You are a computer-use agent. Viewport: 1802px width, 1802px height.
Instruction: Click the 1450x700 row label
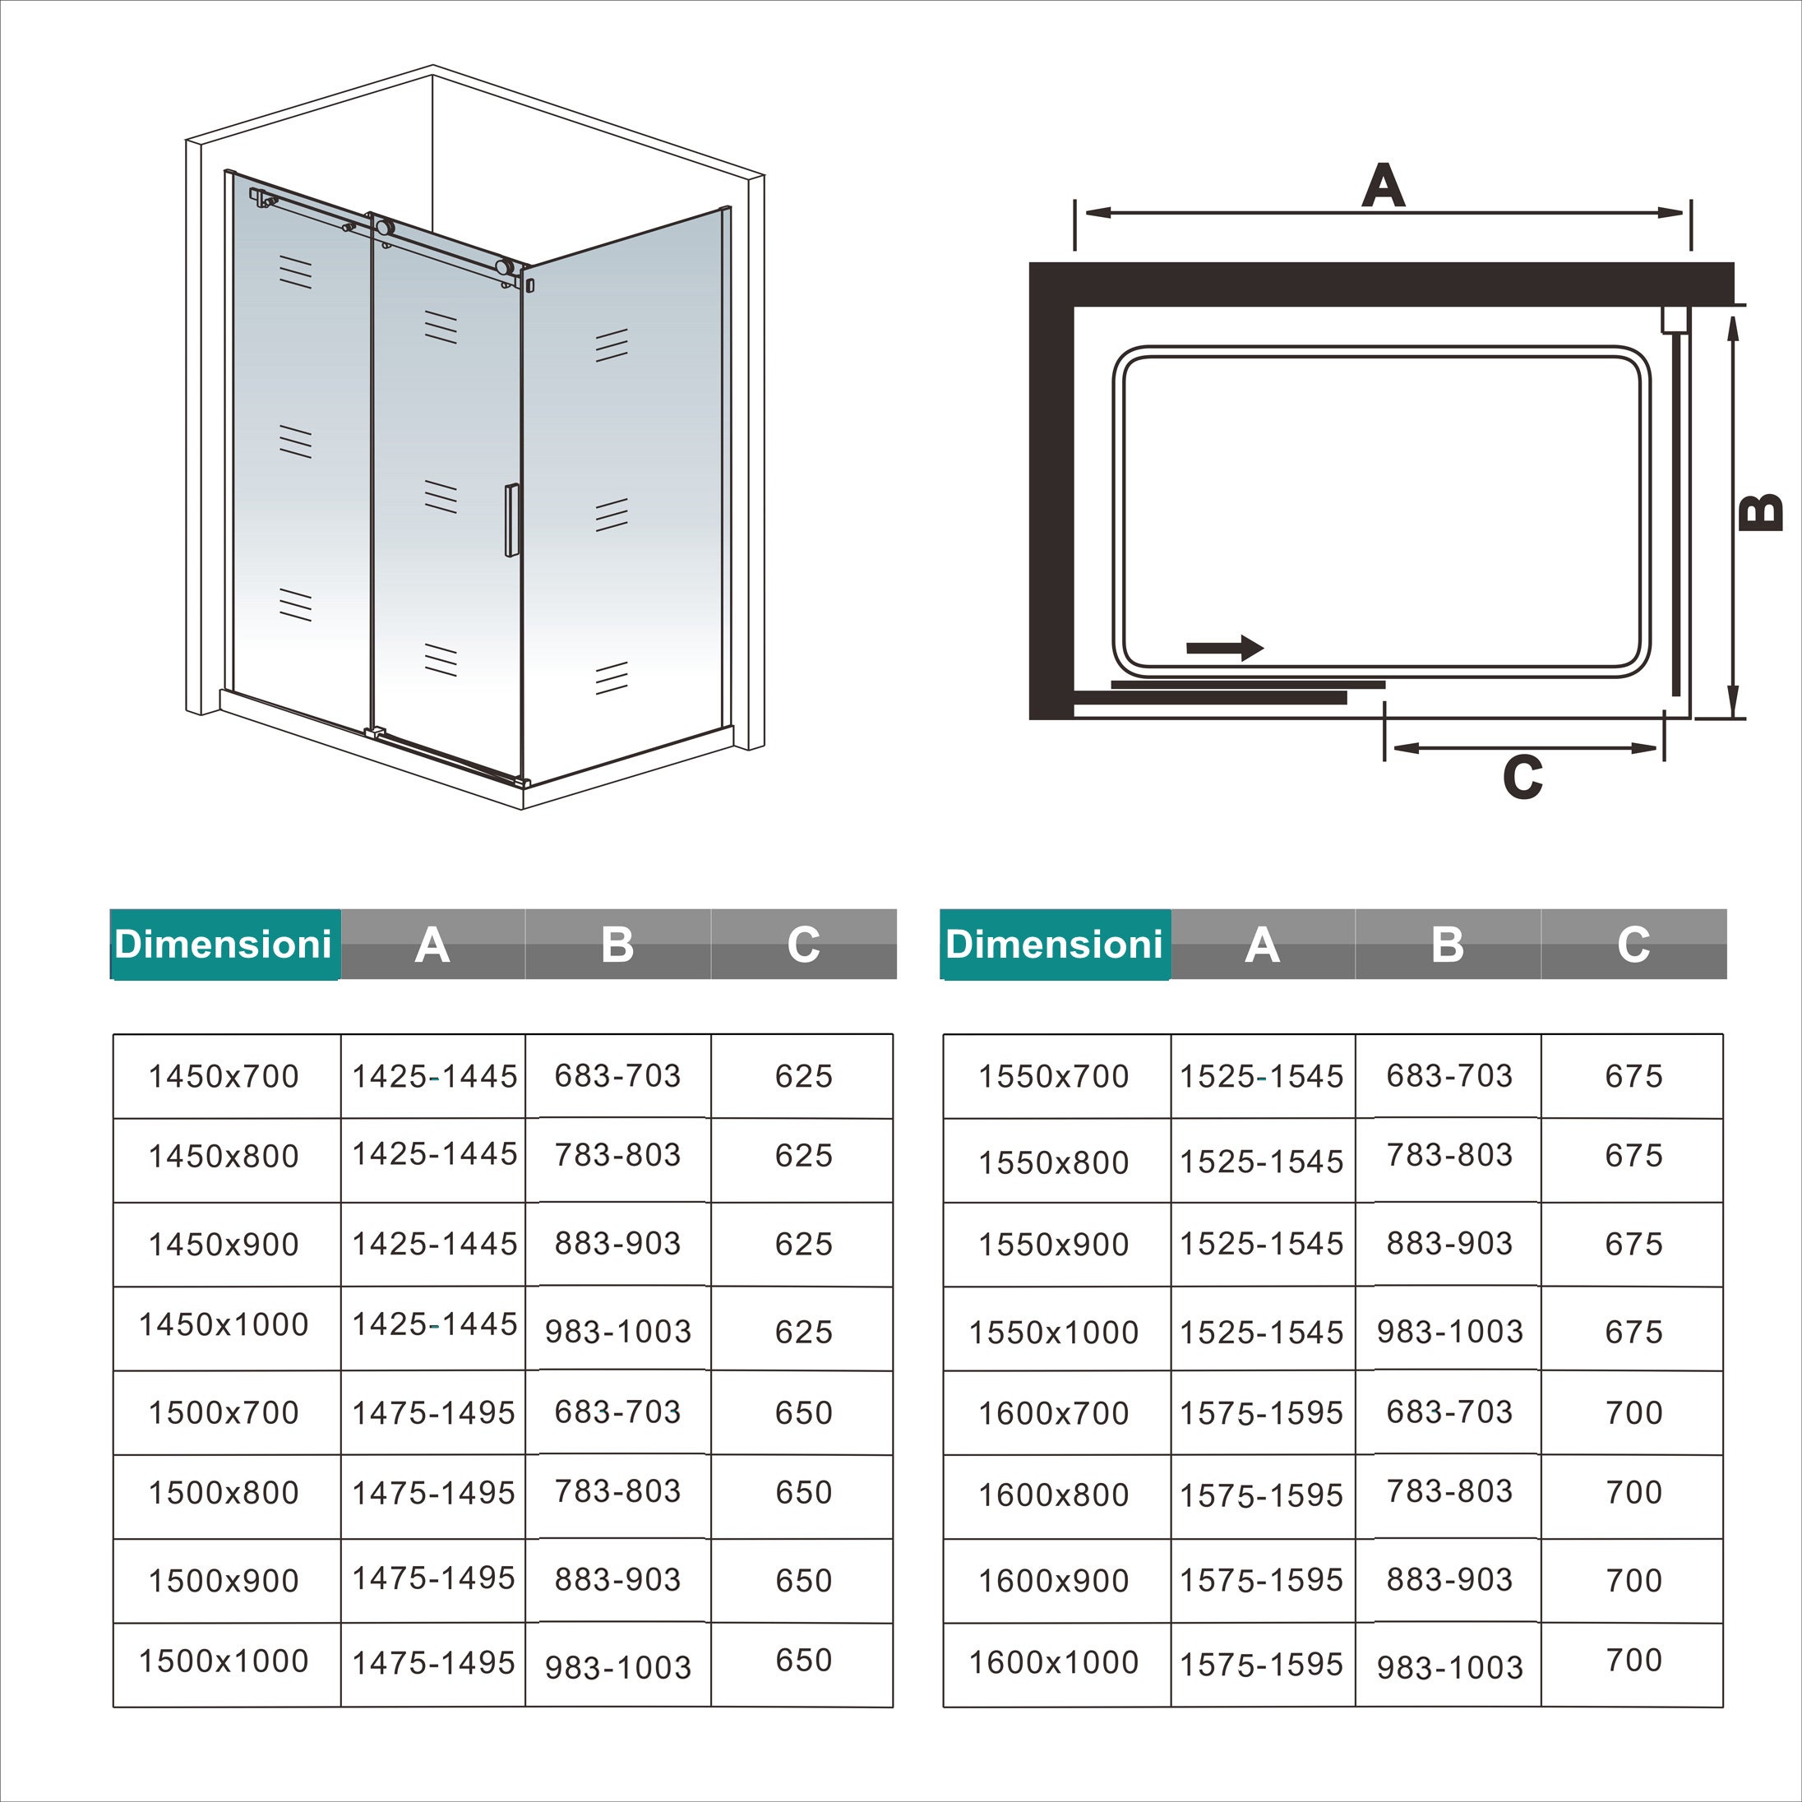point(224,1076)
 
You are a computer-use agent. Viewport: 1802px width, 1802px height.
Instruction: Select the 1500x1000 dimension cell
point(224,1661)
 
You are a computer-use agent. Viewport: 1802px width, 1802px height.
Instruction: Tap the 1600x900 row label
point(1053,1581)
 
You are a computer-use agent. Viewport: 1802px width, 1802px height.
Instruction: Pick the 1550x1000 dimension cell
point(1053,1333)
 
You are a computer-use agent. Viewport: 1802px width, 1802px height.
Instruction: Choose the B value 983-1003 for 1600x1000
point(1449,1666)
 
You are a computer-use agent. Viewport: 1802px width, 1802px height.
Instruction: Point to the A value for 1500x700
point(434,1413)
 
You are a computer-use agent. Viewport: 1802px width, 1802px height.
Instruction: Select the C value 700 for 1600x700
point(1633,1413)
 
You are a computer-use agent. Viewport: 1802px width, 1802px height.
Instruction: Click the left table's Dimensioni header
point(224,944)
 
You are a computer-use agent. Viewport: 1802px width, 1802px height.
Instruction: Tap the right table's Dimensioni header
point(1054,944)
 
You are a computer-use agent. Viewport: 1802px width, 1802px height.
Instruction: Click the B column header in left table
point(617,944)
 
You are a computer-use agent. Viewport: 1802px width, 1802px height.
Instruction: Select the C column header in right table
point(1633,944)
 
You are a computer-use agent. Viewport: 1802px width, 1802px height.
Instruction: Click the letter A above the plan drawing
point(1382,186)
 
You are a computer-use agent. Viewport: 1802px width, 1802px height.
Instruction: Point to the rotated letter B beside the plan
point(1761,512)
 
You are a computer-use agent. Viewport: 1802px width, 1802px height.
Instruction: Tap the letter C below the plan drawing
point(1522,777)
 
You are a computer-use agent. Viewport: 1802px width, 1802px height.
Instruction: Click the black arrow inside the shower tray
point(1225,647)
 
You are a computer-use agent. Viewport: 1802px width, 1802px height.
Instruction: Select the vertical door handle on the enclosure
point(511,520)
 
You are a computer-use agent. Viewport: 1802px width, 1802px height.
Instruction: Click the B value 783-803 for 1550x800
point(1449,1156)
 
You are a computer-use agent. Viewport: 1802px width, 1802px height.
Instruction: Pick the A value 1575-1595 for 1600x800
point(1261,1496)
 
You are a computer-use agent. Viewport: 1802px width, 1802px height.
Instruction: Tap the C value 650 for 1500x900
point(803,1581)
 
